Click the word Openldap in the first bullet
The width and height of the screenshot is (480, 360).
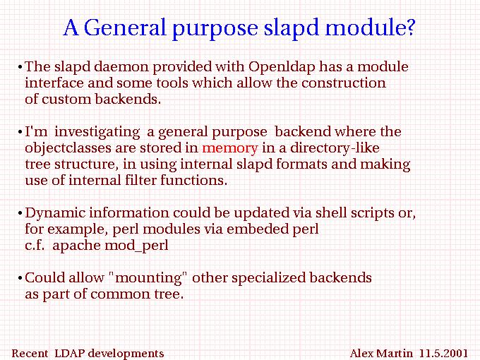coord(282,67)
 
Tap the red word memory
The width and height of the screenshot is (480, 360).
coord(230,149)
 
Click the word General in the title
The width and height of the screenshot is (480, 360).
coord(125,28)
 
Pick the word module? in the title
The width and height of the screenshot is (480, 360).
coord(369,28)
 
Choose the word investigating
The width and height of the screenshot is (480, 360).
coord(97,132)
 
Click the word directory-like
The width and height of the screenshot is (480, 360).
coord(335,148)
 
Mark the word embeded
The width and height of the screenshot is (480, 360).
coord(257,229)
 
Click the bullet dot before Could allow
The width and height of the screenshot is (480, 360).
coord(20,279)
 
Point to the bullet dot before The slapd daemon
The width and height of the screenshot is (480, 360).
coord(20,67)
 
